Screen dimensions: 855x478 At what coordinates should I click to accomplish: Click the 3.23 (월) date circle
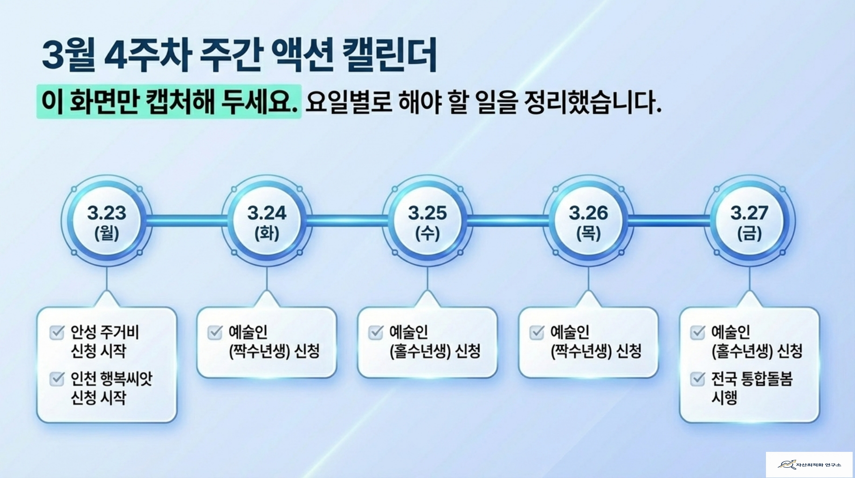(107, 221)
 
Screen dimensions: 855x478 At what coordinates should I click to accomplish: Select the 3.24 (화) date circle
(267, 221)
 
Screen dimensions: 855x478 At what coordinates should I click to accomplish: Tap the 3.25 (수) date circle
(427, 221)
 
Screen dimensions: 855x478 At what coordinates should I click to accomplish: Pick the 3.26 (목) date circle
(588, 221)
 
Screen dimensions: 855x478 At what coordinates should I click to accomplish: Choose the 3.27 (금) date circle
(749, 221)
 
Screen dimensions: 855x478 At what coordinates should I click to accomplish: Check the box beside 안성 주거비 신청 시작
(57, 332)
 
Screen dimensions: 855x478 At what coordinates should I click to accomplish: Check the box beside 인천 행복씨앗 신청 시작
(57, 379)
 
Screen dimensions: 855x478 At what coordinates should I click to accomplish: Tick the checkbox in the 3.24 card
(215, 332)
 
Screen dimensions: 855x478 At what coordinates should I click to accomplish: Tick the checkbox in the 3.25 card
(376, 332)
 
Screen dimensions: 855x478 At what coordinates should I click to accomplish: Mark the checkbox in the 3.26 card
(537, 332)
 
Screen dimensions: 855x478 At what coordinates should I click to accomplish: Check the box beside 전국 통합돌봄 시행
(697, 379)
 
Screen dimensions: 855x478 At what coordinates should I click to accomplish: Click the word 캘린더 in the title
(389, 55)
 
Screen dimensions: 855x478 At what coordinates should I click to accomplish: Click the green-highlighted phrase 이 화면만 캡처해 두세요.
(169, 101)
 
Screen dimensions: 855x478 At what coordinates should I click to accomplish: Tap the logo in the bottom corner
(809, 464)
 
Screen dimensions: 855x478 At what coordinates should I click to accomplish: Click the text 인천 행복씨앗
(111, 379)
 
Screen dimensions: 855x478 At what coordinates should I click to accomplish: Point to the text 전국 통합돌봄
(752, 379)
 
